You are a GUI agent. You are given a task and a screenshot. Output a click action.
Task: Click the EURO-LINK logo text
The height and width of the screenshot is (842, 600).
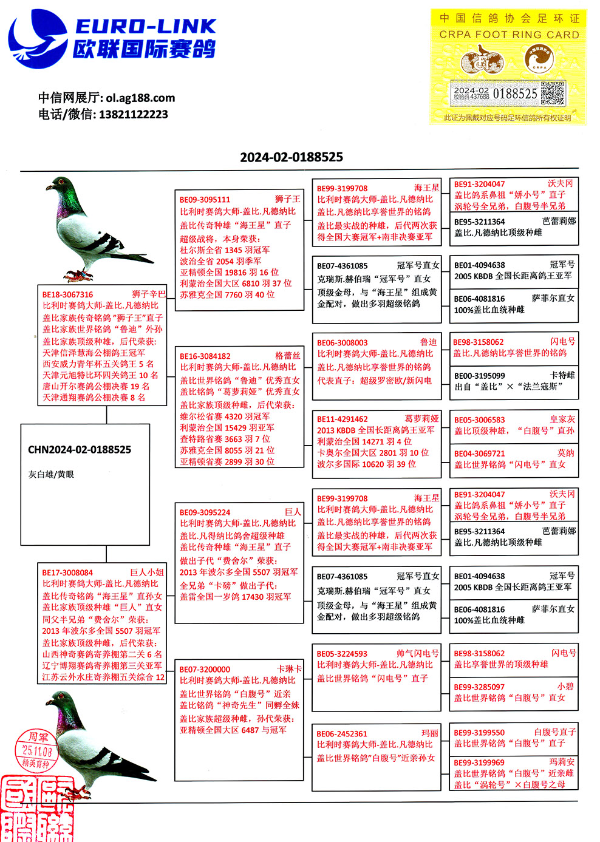146,25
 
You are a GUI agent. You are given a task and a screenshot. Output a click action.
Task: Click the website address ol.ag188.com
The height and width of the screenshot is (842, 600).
140,98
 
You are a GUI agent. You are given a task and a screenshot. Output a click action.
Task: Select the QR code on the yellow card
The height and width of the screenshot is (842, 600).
553,93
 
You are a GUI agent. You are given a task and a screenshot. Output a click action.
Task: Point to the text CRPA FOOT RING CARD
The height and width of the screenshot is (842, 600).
509,35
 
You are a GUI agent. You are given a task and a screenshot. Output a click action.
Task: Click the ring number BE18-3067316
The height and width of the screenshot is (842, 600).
68,294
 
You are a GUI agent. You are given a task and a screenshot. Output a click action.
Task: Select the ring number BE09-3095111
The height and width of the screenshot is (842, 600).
205,199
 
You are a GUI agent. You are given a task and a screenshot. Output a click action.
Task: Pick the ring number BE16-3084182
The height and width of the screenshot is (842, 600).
205,356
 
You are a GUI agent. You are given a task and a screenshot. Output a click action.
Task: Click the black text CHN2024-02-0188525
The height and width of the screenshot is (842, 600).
80,450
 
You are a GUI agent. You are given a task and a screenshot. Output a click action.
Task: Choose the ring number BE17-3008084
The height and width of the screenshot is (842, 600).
67,572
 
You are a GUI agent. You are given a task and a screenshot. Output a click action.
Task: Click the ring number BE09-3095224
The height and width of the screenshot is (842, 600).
205,512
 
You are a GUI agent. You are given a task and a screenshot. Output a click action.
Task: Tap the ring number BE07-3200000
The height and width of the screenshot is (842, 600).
205,669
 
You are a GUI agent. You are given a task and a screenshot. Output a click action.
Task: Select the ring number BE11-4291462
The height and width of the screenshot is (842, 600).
342,419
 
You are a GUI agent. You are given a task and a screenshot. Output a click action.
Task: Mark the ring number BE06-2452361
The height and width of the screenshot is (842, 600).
342,733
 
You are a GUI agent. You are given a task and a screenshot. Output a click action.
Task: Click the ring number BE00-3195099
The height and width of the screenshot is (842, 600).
479,376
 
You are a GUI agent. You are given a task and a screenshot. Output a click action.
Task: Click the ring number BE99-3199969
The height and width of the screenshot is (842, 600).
479,762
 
